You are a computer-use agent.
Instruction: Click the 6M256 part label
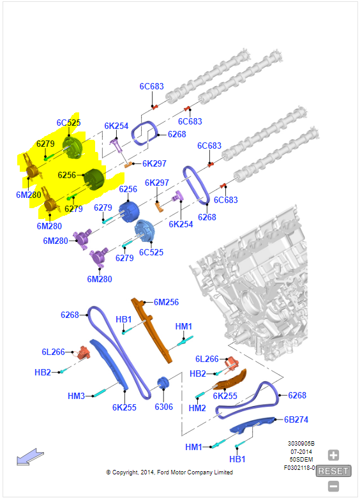click(166, 302)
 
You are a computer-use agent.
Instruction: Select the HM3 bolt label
click(76, 396)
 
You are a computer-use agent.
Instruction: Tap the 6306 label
click(163, 407)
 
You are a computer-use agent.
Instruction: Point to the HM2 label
click(197, 408)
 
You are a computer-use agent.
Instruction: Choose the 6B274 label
click(296, 419)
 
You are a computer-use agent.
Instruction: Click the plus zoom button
click(333, 455)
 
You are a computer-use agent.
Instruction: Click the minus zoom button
click(333, 487)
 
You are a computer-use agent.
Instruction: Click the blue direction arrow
click(30, 457)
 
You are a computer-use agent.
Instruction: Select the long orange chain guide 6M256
click(151, 329)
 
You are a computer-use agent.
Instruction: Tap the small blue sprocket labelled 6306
click(163, 382)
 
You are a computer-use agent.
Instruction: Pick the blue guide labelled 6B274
click(251, 425)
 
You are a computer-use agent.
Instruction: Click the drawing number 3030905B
click(301, 443)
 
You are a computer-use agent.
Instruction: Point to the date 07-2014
click(301, 451)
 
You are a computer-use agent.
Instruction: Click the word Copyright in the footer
click(125, 472)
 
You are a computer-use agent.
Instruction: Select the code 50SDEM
click(301, 459)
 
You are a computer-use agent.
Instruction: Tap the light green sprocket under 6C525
click(72, 147)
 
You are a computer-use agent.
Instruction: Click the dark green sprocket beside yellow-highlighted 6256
click(94, 179)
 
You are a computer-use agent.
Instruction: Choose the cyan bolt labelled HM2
click(200, 395)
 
